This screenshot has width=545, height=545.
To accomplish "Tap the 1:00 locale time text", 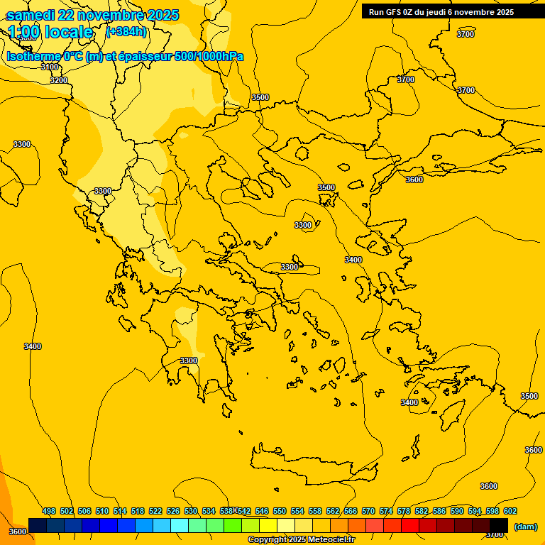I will click(x=51, y=32).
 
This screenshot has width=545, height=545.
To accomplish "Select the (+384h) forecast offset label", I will click(x=126, y=32).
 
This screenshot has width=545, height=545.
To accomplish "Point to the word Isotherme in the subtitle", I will click(x=33, y=57).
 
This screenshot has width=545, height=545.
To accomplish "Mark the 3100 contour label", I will click(x=50, y=67).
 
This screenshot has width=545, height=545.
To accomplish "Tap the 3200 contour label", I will click(x=59, y=80).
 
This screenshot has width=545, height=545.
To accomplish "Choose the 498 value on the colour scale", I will click(x=49, y=511).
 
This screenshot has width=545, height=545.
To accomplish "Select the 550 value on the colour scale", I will click(x=280, y=511).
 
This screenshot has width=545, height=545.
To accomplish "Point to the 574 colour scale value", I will click(x=386, y=511).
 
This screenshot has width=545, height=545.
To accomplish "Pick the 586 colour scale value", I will click(x=439, y=511).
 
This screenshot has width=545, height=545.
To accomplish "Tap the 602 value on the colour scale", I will click(x=510, y=511).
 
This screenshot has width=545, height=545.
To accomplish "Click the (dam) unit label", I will click(x=525, y=527).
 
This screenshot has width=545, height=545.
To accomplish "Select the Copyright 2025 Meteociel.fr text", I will click(x=301, y=539).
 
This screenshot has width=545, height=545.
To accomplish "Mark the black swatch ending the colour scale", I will click(x=499, y=525).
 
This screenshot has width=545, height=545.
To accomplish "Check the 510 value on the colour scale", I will click(x=102, y=511).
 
